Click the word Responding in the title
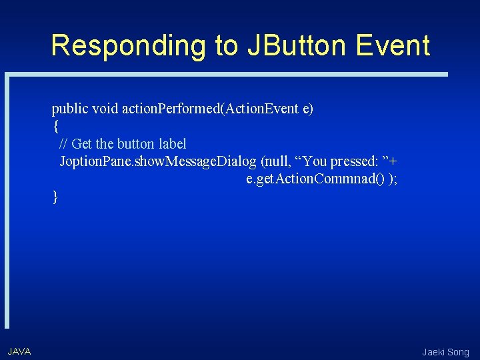click(127, 46)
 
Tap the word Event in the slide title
click(393, 46)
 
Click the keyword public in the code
click(71, 109)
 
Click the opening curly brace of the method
click(55, 126)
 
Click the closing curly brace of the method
click(55, 196)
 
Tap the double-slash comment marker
click(63, 144)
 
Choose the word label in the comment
click(174, 144)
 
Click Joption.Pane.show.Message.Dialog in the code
click(158, 161)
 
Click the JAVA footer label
click(19, 351)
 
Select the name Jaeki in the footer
click(435, 352)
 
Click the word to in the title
click(226, 46)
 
